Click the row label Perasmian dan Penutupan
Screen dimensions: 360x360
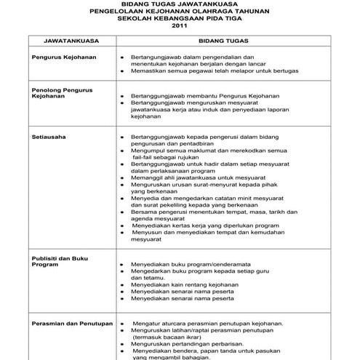point(71,321)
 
